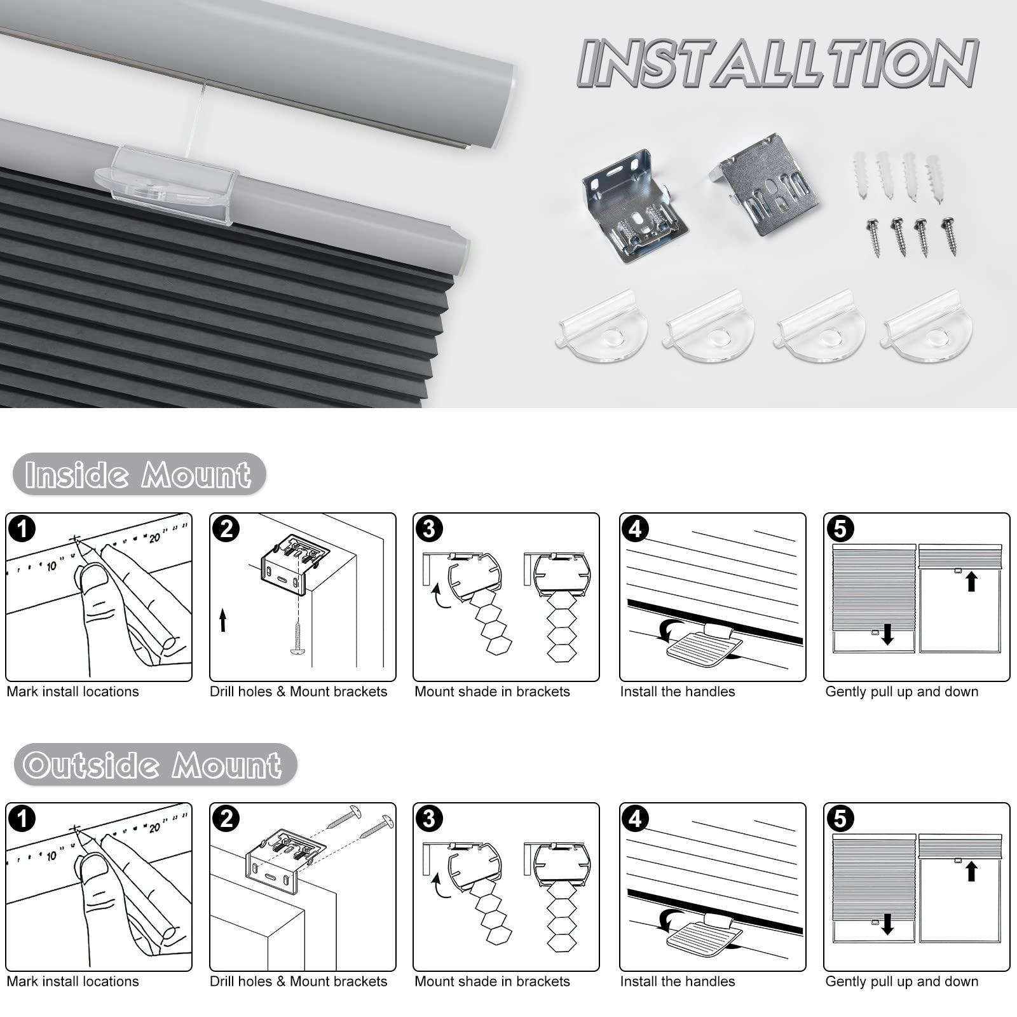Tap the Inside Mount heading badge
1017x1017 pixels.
click(139, 474)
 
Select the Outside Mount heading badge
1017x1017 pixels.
click(154, 764)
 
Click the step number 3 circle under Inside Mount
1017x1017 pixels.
click(429, 529)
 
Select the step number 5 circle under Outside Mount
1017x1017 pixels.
click(840, 819)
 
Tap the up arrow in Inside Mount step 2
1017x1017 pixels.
click(223, 620)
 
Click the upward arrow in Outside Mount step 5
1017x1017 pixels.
click(971, 870)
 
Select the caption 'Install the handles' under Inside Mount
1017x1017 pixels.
click(678, 692)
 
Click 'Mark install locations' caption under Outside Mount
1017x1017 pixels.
click(72, 981)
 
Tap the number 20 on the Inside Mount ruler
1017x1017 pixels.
click(154, 538)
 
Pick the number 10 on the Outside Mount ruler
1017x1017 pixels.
click(51, 856)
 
